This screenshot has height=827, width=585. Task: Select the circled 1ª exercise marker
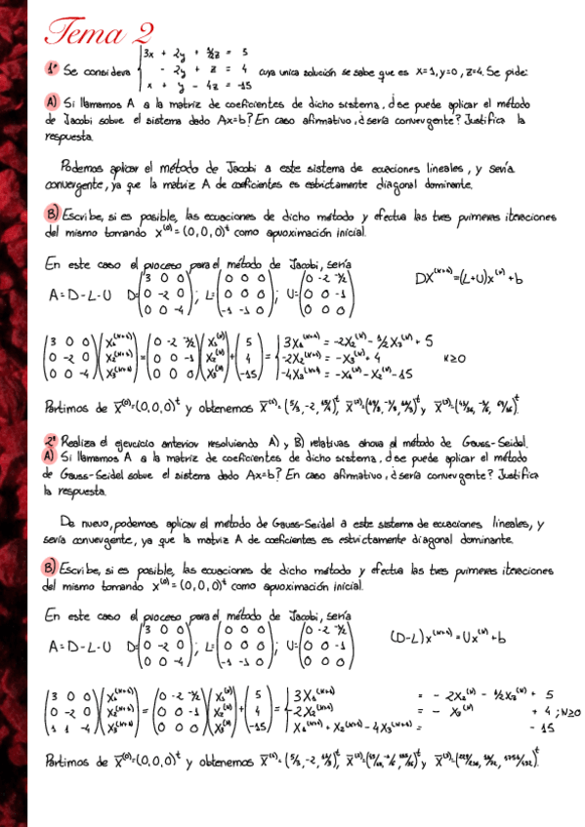(x=52, y=69)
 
